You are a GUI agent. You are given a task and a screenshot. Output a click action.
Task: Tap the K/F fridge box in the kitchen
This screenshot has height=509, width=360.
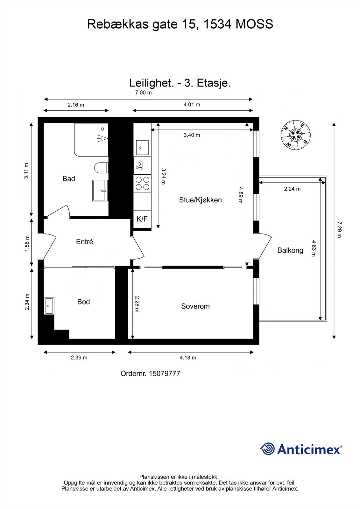(x=142, y=219)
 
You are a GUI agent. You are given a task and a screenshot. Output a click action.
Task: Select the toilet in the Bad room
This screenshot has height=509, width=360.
(x=102, y=168)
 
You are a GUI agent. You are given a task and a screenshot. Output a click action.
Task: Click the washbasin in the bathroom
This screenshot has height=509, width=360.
(x=100, y=190)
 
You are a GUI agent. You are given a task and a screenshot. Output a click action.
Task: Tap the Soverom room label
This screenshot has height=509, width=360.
(x=195, y=306)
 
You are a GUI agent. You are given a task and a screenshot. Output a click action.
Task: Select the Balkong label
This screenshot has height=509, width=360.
(x=290, y=250)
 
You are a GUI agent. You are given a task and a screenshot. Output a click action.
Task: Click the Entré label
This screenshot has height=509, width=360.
(x=84, y=242)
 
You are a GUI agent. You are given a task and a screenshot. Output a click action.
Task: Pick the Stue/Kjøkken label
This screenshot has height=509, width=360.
(x=200, y=200)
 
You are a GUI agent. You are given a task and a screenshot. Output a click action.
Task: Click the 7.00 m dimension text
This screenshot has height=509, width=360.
(x=143, y=93)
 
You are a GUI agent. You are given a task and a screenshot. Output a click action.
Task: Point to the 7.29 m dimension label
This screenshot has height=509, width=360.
(x=339, y=230)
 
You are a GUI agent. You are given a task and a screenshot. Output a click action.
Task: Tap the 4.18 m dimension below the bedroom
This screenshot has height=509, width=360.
(x=188, y=358)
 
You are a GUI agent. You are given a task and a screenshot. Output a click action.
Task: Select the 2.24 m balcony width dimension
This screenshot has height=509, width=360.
(x=292, y=189)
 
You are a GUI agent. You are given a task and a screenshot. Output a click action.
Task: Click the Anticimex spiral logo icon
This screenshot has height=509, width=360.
(x=267, y=449)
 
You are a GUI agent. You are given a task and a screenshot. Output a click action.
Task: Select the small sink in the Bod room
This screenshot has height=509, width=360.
(x=49, y=306)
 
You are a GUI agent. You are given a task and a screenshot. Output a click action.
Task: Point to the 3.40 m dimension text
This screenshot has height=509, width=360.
(x=192, y=135)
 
